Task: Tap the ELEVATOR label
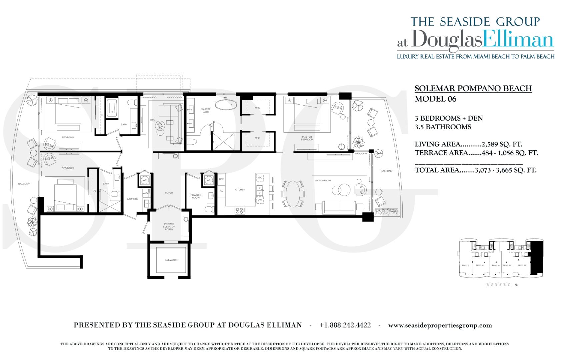pyautogui.click(x=171, y=260)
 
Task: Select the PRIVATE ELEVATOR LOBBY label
pyautogui.click(x=169, y=227)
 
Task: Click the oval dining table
pyautogui.click(x=293, y=194)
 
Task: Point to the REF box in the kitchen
pyautogui.click(x=221, y=179)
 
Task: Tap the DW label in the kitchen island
pyautogui.click(x=260, y=200)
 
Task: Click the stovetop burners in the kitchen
pyautogui.click(x=240, y=211)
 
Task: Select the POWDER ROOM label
pyautogui.click(x=196, y=196)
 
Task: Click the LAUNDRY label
pyautogui.click(x=132, y=199)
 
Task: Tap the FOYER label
pyautogui.click(x=169, y=193)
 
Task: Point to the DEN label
pyautogui.click(x=153, y=120)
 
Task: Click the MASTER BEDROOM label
pyautogui.click(x=307, y=138)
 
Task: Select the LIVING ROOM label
pyautogui.click(x=323, y=180)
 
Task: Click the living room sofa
pyautogui.click(x=339, y=207)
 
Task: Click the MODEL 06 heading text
pyautogui.click(x=435, y=99)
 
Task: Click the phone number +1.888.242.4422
pyautogui.click(x=345, y=325)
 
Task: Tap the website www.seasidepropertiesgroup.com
pyautogui.click(x=440, y=325)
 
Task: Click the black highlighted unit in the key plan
pyautogui.click(x=537, y=258)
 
